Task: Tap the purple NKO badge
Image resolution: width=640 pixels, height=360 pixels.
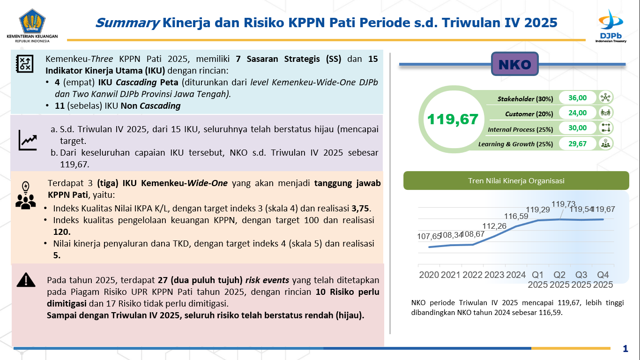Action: coord(514,64)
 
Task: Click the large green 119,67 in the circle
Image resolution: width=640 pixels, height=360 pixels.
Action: coord(453,119)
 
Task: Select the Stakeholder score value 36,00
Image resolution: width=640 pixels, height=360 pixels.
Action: coord(577,98)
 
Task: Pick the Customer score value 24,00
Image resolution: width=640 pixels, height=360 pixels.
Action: coord(577,113)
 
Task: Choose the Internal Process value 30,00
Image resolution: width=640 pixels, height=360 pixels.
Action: coord(577,128)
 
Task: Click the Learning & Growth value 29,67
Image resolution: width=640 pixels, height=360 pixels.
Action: coord(577,143)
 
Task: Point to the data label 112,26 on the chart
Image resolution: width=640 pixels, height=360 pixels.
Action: coord(495,226)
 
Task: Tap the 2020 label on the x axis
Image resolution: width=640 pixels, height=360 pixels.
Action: coord(429,275)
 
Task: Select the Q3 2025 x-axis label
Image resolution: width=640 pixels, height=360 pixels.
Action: coord(581,279)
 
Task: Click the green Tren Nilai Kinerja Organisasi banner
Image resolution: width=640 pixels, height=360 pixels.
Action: coord(516,180)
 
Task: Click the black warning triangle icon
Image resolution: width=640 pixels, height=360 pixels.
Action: coord(26,280)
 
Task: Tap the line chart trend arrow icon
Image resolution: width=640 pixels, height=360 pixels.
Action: coord(28,140)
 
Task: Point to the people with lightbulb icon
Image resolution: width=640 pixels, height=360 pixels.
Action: coord(25,195)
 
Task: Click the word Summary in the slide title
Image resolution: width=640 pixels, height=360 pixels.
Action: coord(127,22)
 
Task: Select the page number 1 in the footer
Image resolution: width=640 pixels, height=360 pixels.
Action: coord(625,348)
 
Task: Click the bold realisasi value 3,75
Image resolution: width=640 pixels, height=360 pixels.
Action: coord(359,209)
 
